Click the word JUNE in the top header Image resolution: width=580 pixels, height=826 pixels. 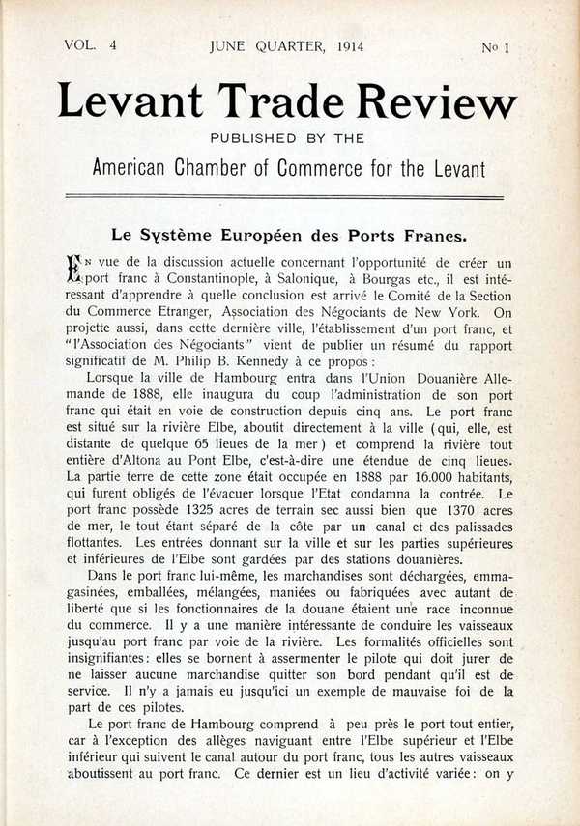pos(229,45)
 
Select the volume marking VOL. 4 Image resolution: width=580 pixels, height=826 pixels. pos(90,45)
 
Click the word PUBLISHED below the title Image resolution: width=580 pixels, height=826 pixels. pos(254,138)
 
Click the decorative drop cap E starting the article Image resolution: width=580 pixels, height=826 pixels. pos(74,268)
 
